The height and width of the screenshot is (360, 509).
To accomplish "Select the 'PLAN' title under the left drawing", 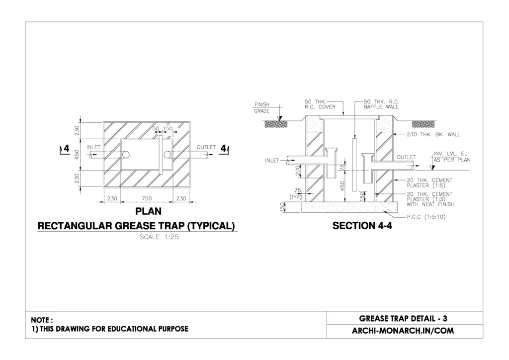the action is tap(148, 212).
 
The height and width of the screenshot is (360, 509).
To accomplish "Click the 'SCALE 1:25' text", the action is tap(159, 237).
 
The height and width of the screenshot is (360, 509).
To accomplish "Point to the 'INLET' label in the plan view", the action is tap(93, 148).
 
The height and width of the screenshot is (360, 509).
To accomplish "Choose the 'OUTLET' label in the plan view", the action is tap(206, 148).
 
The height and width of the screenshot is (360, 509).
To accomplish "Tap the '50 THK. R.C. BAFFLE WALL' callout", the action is tap(381, 104).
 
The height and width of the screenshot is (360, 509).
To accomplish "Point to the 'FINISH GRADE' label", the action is tap(262, 107).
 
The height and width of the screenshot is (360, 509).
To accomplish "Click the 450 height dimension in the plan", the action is tap(77, 155).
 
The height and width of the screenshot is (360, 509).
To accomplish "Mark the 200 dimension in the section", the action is tap(297, 172).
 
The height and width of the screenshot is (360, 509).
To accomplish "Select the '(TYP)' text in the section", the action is tap(297, 196).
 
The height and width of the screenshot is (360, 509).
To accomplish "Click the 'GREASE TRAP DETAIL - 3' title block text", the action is tap(405, 318).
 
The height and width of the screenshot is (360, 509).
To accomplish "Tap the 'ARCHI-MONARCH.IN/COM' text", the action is tap(405, 331).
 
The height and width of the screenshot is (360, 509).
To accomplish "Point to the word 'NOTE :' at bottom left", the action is tap(42, 320).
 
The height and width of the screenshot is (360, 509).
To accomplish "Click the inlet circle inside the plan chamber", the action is tap(126, 155).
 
